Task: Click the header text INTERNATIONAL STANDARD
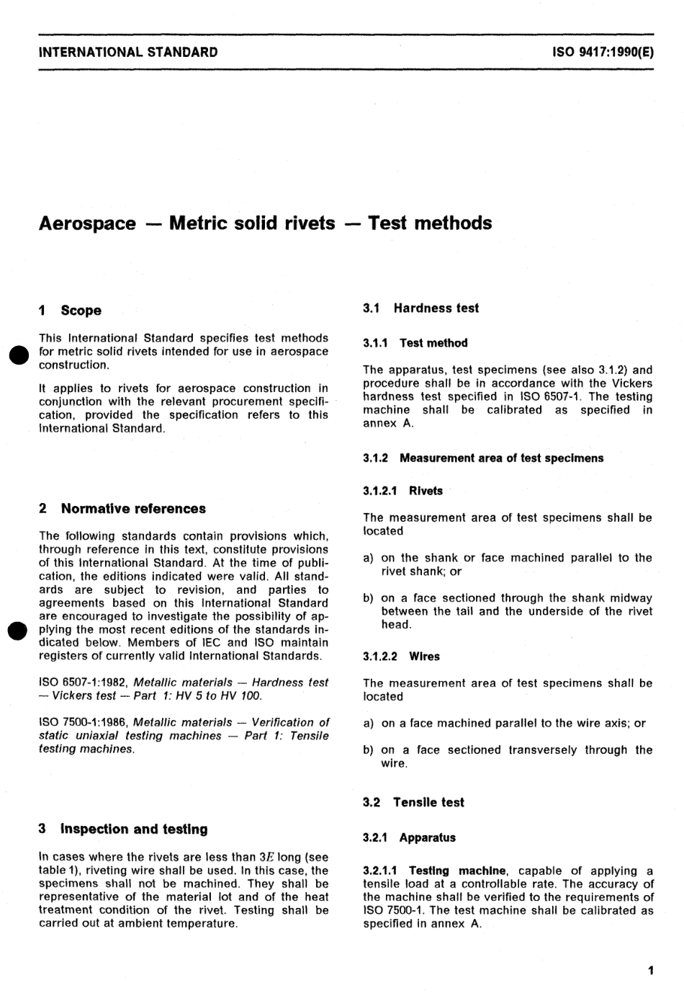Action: (128, 52)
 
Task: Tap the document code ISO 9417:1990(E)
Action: (603, 52)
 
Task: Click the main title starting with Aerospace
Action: (265, 223)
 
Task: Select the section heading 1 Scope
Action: (70, 311)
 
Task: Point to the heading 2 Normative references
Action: (122, 508)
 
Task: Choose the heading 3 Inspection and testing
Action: (123, 829)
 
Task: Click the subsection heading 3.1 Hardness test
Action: (420, 308)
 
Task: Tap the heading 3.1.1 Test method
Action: (415, 343)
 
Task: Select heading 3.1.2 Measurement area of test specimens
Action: (483, 458)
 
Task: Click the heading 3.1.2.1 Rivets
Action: (402, 491)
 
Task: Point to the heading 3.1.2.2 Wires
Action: (401, 657)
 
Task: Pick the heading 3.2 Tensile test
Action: (413, 802)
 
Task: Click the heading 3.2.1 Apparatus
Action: (409, 837)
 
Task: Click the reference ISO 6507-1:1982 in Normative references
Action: (84, 682)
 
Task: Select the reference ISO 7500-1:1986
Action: (84, 722)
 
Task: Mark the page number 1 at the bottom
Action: (650, 971)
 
